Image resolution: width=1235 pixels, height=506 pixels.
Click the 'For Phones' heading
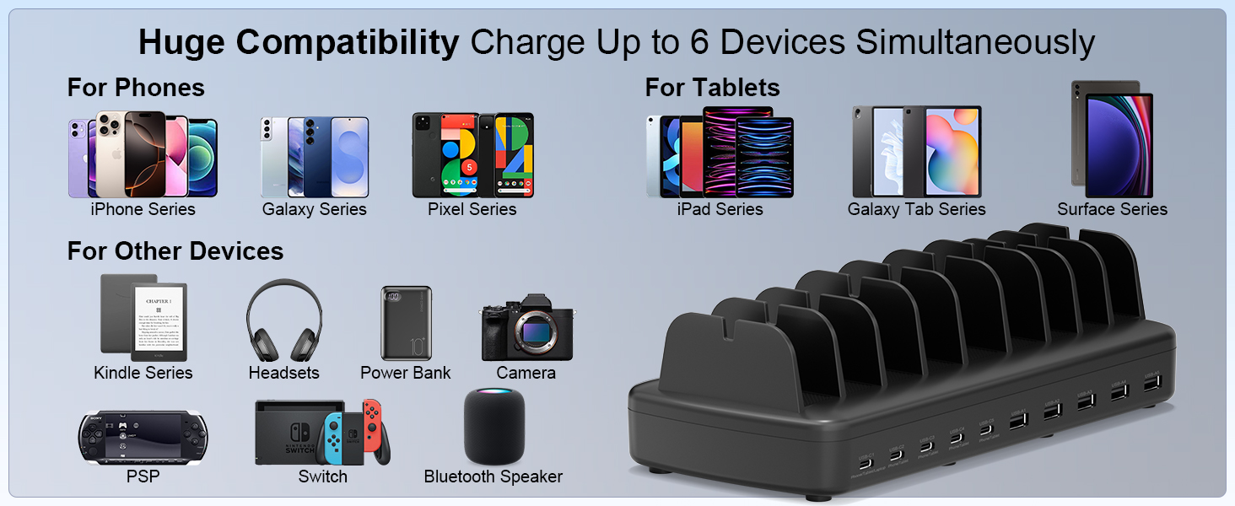(136, 88)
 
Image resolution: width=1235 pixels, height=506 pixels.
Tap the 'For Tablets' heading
(712, 88)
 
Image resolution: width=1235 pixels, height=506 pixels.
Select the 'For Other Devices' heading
(175, 251)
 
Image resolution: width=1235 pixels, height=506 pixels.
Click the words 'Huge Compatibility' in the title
(299, 42)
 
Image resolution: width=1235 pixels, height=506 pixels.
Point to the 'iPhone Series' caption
(143, 209)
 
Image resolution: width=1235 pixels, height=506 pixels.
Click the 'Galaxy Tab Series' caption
(916, 209)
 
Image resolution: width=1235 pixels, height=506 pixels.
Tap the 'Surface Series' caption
(1112, 209)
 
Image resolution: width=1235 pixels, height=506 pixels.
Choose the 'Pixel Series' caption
(472, 209)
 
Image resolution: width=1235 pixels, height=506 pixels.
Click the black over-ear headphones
(283, 320)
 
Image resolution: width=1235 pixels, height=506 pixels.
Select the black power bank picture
(406, 323)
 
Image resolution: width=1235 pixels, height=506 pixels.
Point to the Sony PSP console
(143, 438)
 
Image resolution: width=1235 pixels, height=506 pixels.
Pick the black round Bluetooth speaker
(494, 427)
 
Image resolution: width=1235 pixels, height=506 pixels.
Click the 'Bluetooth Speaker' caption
(493, 476)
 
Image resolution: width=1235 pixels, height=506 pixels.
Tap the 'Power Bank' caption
(406, 373)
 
